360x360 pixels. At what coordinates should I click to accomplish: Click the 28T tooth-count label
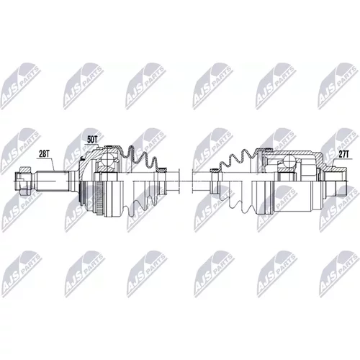(x=44, y=154)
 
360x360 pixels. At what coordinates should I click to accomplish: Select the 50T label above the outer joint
(x=92, y=140)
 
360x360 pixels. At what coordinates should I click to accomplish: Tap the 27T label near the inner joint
(x=344, y=155)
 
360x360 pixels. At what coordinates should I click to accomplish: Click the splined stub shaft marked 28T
(x=52, y=181)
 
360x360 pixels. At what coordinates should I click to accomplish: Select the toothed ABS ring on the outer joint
(x=99, y=198)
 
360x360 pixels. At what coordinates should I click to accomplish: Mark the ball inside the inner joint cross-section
(x=290, y=161)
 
